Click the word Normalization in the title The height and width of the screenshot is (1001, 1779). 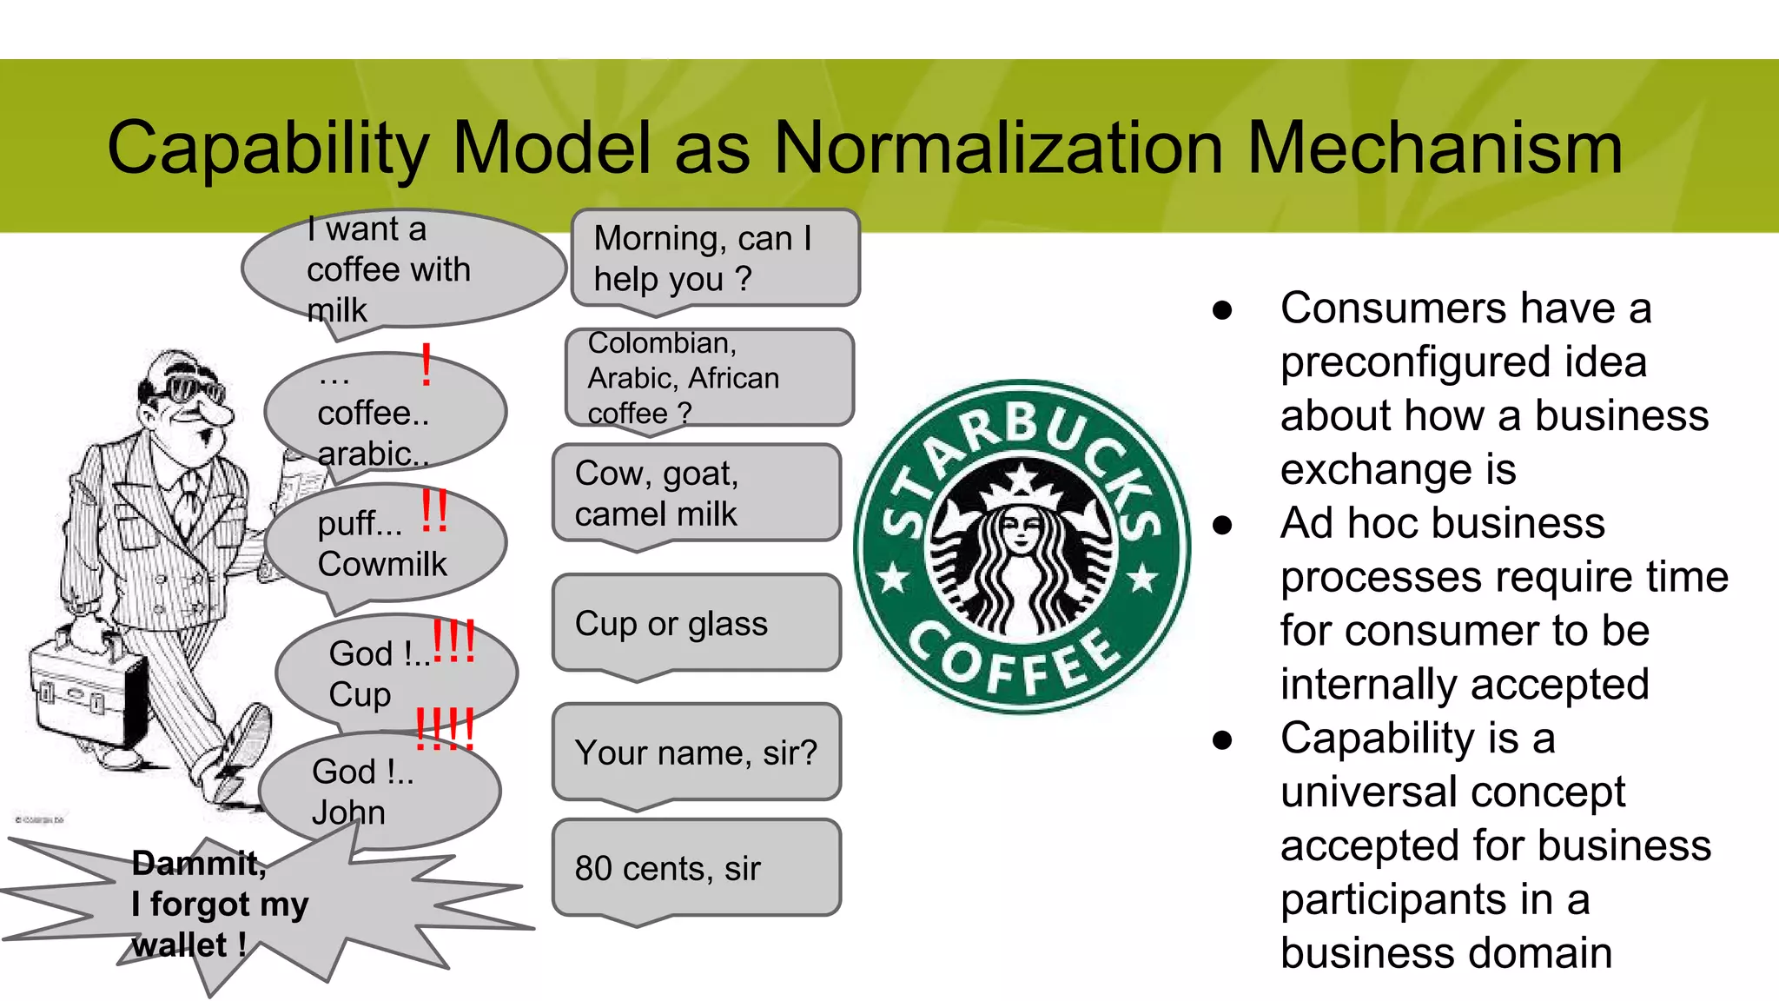(998, 148)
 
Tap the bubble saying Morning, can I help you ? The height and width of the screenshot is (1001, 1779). (714, 258)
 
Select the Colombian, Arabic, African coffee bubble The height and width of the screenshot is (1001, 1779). (708, 377)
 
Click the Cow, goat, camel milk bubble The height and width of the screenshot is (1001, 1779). (695, 494)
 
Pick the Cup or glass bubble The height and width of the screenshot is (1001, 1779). (695, 623)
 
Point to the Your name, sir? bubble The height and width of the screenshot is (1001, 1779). (695, 752)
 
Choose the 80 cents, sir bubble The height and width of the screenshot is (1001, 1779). (695, 867)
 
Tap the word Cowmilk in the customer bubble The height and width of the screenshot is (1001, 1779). (382, 564)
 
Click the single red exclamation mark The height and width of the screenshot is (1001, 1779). (426, 365)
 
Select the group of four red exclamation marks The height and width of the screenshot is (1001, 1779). (445, 728)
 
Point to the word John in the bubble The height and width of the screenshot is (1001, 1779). (348, 812)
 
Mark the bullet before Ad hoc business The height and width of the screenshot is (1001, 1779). (1223, 525)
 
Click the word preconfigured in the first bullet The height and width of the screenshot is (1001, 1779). (1463, 362)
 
